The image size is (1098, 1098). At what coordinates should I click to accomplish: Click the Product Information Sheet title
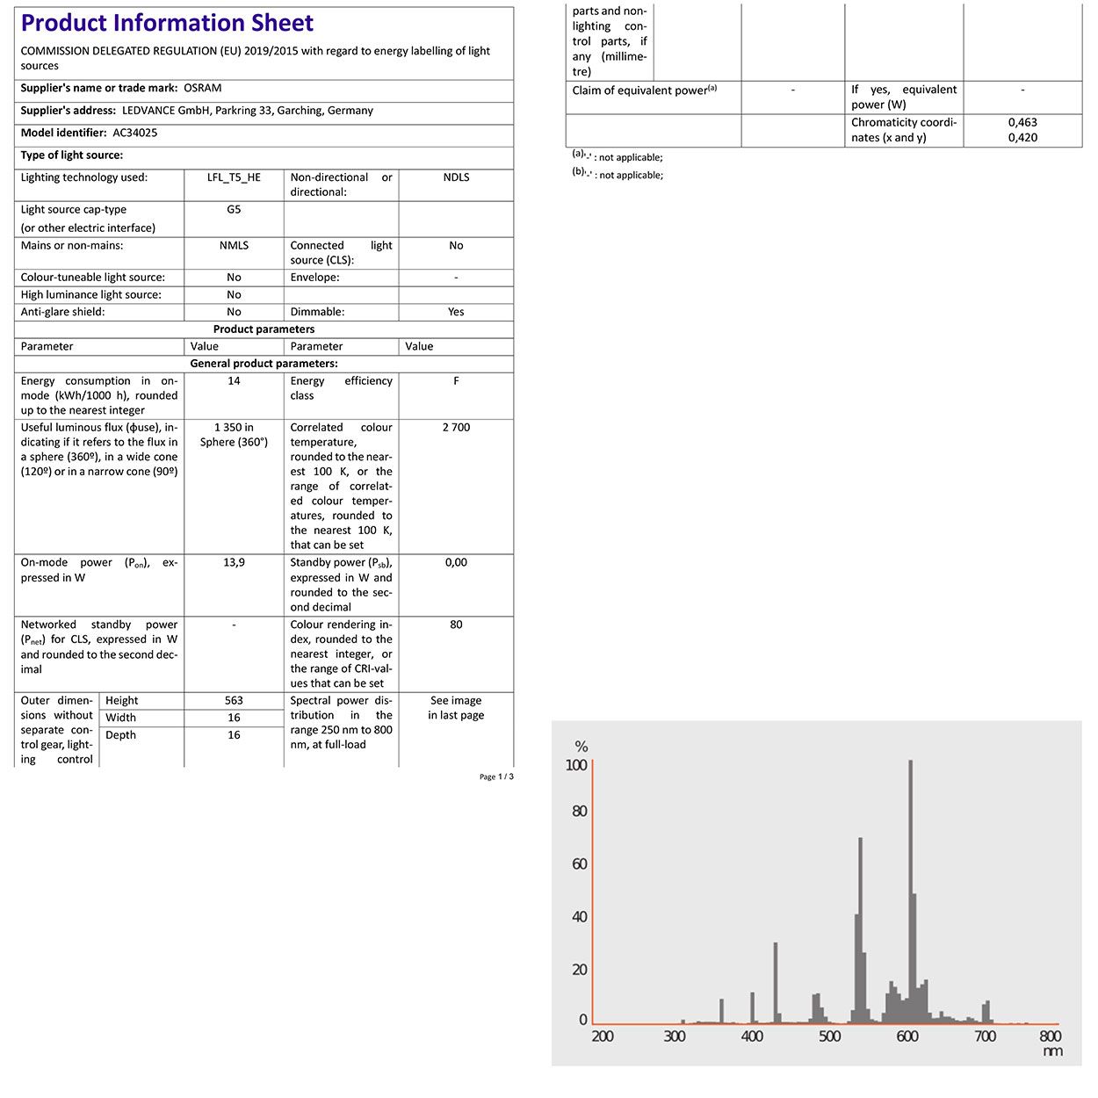click(167, 24)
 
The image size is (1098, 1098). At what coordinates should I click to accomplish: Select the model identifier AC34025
click(134, 133)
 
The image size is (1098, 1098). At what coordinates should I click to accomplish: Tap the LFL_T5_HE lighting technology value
click(234, 177)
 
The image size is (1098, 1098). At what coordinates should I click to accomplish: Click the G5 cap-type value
click(234, 210)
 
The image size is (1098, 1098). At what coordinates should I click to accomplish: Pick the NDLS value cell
click(456, 177)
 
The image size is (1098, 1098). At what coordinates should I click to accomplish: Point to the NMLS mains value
click(234, 246)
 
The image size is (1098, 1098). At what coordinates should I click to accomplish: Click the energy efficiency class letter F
click(456, 381)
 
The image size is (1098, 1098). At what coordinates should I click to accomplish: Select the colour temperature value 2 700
click(456, 428)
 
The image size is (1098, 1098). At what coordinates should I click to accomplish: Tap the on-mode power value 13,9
click(234, 563)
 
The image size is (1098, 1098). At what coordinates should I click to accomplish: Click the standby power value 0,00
click(456, 563)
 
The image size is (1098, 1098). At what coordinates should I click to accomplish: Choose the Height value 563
click(234, 701)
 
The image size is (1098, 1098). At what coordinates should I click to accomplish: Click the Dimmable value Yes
click(456, 312)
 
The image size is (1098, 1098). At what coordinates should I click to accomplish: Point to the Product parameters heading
click(264, 329)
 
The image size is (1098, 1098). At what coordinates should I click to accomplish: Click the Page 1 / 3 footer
click(496, 777)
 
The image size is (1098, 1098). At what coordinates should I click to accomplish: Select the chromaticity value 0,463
click(1022, 123)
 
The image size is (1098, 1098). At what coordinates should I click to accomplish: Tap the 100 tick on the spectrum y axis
click(576, 765)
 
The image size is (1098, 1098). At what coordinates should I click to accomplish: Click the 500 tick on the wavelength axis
click(829, 1037)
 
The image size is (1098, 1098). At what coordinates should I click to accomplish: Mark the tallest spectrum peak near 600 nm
click(910, 762)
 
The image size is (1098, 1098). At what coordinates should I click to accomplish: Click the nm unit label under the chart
click(1052, 1051)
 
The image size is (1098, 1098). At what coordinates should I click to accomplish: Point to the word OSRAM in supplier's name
click(203, 88)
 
